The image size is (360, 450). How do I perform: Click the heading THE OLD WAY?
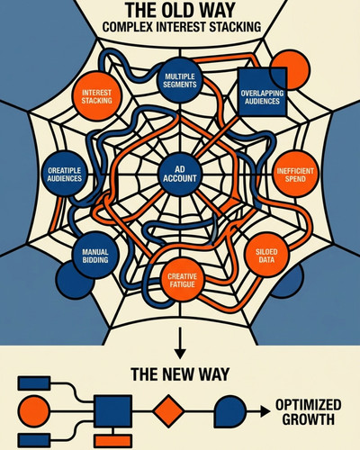point(180,10)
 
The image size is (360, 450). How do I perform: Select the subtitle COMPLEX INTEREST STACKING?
point(182,27)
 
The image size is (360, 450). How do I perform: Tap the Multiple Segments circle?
point(180,80)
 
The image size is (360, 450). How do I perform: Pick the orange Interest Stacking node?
point(96,96)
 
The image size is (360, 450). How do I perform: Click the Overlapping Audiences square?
point(262,92)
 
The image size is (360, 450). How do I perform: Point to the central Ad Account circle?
point(180,175)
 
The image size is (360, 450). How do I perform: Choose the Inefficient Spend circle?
point(295,175)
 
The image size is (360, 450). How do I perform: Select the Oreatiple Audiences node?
point(65,175)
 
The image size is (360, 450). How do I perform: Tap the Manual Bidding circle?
point(95,256)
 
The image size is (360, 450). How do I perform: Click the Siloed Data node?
point(266,256)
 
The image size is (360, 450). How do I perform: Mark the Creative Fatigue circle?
point(182,280)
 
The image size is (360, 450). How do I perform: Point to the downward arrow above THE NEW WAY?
point(180,343)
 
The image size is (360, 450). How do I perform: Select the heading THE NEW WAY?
point(180,374)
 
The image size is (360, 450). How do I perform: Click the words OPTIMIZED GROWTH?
point(309,412)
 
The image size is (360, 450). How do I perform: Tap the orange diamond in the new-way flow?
point(168,411)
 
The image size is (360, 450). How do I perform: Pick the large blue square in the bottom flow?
point(113,411)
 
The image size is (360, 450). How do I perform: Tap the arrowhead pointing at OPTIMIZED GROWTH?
point(265,411)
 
